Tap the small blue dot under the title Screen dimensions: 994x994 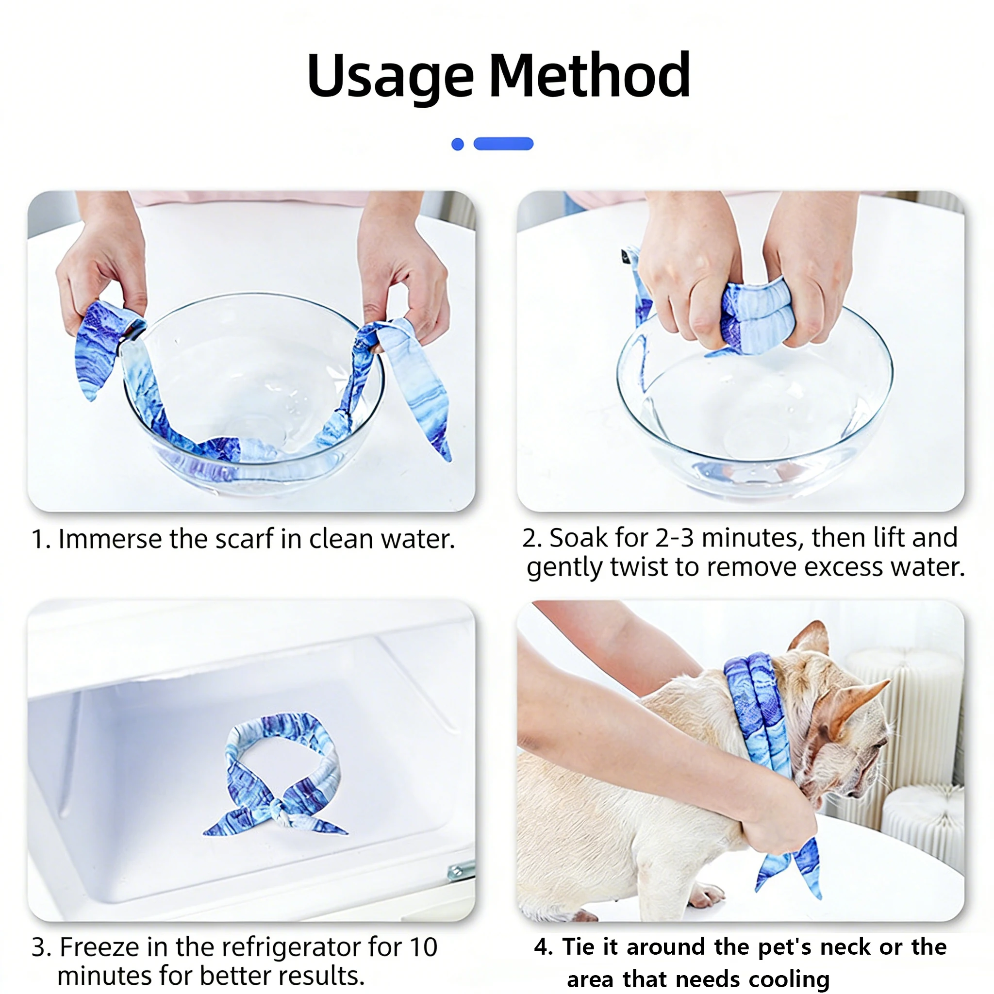(457, 144)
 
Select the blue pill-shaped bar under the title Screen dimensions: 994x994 (503, 144)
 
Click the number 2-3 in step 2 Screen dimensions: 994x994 (675, 538)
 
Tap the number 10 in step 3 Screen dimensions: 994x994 (423, 947)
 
